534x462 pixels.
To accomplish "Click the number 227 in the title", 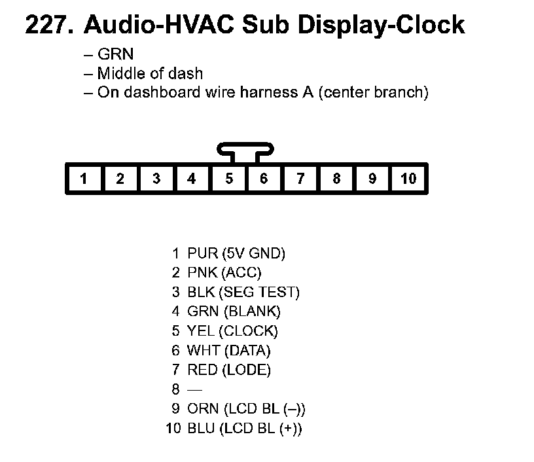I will pos(49,25).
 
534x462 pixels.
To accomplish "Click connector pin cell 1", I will pos(84,179).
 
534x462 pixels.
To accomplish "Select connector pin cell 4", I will pos(192,179).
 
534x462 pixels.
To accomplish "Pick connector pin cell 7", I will pos(300,179).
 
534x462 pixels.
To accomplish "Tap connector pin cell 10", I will pos(408,179).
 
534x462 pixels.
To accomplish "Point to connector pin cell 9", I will pos(372,179).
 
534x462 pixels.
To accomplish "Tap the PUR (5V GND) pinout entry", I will pos(236,253).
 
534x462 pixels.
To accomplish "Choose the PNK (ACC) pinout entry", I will pos(224,272).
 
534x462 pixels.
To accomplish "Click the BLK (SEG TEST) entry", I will pos(243,292).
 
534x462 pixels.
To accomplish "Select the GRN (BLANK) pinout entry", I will pos(234,311).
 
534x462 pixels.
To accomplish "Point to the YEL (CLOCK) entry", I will pos(232,331).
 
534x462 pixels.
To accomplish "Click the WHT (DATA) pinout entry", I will pos(228,351).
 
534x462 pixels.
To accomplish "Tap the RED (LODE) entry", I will pos(228,370).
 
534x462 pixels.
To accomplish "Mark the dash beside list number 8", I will pos(195,390).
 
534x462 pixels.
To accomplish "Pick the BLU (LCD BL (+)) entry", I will pos(244,429).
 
